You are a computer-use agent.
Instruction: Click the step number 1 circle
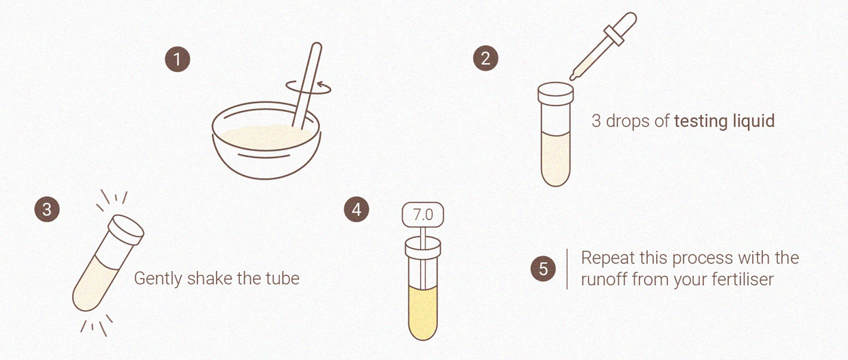pyautogui.click(x=178, y=60)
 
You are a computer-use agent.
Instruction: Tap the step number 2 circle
pyautogui.click(x=486, y=58)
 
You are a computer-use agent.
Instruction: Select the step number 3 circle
pyautogui.click(x=47, y=209)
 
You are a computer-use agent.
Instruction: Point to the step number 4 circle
pyautogui.click(x=356, y=209)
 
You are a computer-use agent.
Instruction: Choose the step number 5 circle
pyautogui.click(x=543, y=269)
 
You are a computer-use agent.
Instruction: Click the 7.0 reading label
pyautogui.click(x=423, y=215)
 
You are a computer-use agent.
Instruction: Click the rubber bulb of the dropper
pyautogui.click(x=625, y=23)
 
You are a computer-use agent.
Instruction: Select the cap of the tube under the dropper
pyautogui.click(x=556, y=93)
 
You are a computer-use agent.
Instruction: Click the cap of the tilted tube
pyautogui.click(x=126, y=230)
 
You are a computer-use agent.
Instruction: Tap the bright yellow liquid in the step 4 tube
pyautogui.click(x=423, y=312)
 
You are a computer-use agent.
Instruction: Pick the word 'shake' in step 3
pyautogui.click(x=210, y=278)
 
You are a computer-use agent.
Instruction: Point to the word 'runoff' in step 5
pyautogui.click(x=604, y=279)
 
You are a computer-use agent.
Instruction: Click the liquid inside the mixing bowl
pyautogui.click(x=267, y=137)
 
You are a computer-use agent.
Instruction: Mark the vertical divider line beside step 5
pyautogui.click(x=567, y=269)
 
